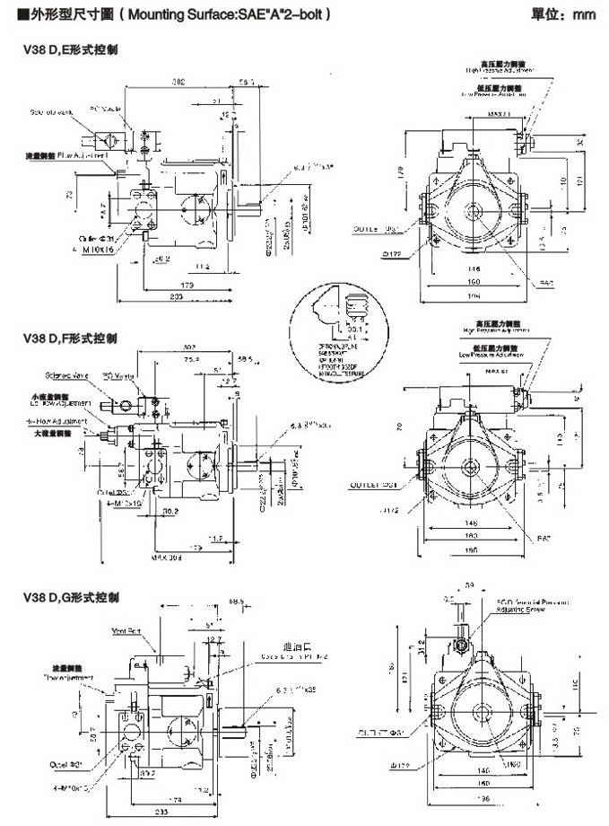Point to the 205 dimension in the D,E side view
tap(177, 294)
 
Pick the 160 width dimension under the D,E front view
tap(471, 281)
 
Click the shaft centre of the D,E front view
tap(473, 210)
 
